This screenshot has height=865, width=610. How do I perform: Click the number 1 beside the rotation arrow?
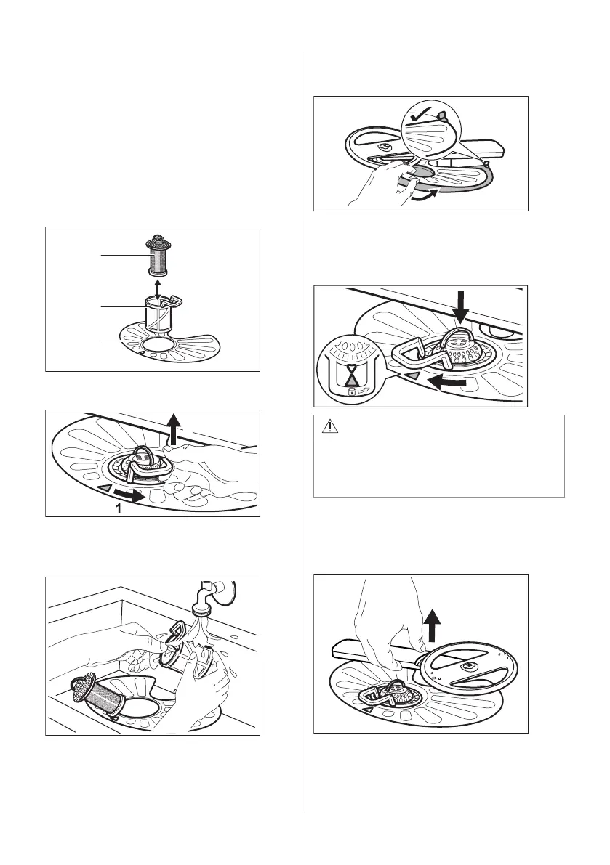[118, 508]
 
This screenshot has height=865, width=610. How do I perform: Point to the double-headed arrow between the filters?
[158, 289]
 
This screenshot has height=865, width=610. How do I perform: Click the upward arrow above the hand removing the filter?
[173, 429]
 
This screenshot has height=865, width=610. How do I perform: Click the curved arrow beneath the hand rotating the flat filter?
[425, 195]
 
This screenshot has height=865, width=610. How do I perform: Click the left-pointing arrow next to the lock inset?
[452, 381]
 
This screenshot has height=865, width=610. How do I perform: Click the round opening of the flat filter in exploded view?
[157, 345]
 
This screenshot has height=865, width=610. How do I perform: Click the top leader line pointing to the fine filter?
[123, 255]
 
